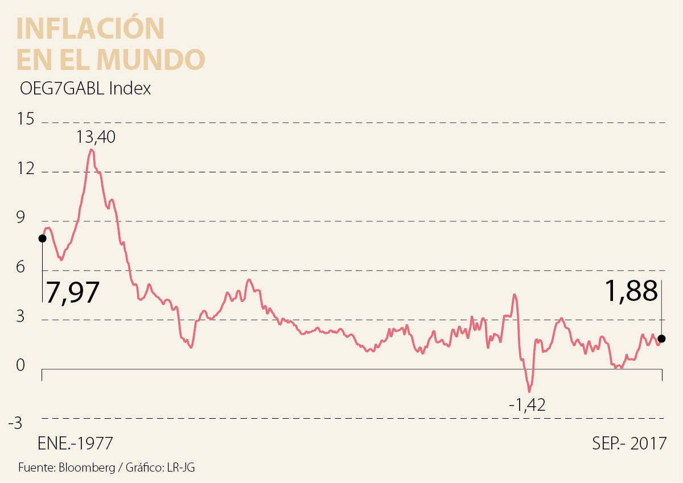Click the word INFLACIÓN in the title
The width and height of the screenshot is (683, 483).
pyautogui.click(x=90, y=28)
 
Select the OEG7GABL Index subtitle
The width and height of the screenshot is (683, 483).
pyautogui.click(x=85, y=89)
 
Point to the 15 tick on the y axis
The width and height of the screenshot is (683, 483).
pyautogui.click(x=26, y=120)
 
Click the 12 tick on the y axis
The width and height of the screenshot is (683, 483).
pyautogui.click(x=26, y=170)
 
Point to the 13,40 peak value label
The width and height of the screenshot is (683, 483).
pyautogui.click(x=96, y=137)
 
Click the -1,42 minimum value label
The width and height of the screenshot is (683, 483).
pyautogui.click(x=527, y=405)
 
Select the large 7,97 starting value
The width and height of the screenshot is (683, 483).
pyautogui.click(x=72, y=293)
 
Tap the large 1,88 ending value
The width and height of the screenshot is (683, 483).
pyautogui.click(x=631, y=292)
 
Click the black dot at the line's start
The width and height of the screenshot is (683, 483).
pyautogui.click(x=42, y=238)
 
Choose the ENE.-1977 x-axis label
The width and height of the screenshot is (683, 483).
pyautogui.click(x=75, y=444)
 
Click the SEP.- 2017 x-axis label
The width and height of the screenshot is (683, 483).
pyautogui.click(x=629, y=444)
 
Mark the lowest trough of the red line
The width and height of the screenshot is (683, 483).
pyautogui.click(x=529, y=391)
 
